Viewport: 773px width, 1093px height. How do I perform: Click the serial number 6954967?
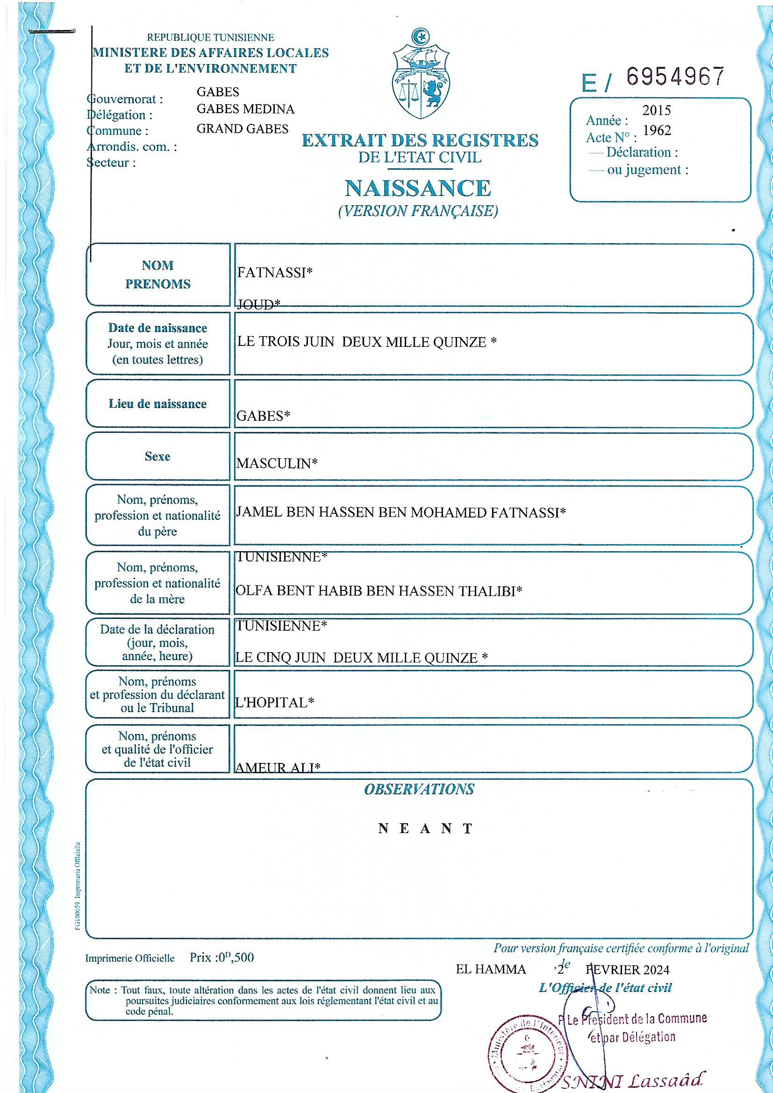pyautogui.click(x=675, y=77)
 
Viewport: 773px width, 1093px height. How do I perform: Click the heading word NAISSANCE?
pyautogui.click(x=417, y=188)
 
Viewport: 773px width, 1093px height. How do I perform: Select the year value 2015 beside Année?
pyautogui.click(x=656, y=110)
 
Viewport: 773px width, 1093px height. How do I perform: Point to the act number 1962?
pyautogui.click(x=657, y=130)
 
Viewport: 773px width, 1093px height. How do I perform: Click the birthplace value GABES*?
pyautogui.click(x=263, y=416)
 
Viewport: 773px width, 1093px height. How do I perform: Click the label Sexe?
pyautogui.click(x=157, y=457)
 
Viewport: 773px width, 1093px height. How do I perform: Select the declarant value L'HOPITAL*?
pyautogui.click(x=275, y=703)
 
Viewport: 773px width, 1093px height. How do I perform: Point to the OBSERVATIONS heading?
pyautogui.click(x=419, y=789)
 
